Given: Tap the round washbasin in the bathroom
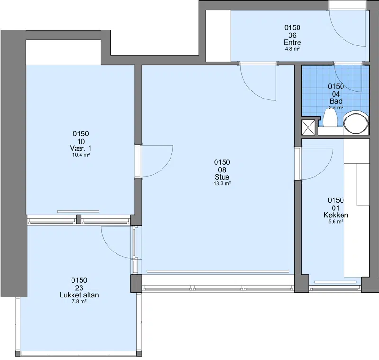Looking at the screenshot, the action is click(356, 123).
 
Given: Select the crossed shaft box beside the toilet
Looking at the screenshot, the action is click(308, 127).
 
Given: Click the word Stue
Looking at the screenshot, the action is click(222, 177).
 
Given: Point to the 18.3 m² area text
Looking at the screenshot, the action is click(222, 183).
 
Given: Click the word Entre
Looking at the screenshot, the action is click(292, 42).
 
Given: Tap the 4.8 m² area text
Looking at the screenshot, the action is click(292, 49).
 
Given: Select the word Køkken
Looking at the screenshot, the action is click(336, 215).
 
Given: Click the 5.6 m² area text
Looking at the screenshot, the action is click(336, 222).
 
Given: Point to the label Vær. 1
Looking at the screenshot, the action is click(81, 148).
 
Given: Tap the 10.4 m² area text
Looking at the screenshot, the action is click(81, 155).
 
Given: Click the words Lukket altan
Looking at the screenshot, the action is click(79, 295).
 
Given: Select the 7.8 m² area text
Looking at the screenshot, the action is click(79, 302).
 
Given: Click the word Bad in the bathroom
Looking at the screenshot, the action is click(336, 101).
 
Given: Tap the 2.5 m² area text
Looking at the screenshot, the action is click(336, 108).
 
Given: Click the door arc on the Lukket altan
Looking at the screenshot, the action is click(110, 249).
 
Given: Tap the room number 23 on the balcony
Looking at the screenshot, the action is click(79, 288).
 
